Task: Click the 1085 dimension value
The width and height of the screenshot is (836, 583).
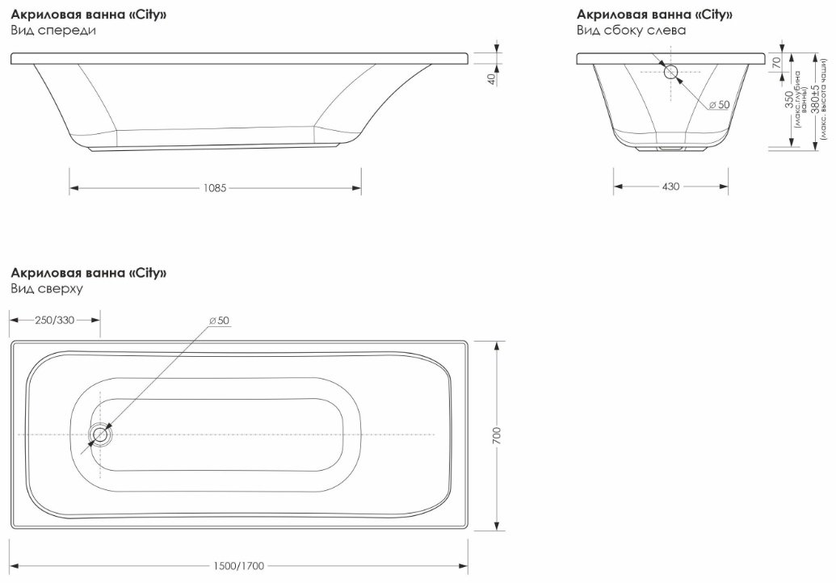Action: (x=215, y=188)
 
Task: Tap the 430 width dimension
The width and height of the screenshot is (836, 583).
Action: (x=670, y=187)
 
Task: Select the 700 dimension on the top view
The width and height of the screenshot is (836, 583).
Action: (x=498, y=436)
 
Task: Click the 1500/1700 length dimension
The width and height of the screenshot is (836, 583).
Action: (x=239, y=566)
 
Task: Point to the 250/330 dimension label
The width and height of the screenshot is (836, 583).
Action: (x=54, y=321)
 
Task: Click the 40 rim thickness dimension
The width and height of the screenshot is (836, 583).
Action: (x=492, y=79)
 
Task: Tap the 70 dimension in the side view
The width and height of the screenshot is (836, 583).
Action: (x=777, y=62)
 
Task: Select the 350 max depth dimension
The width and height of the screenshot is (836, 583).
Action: (x=790, y=99)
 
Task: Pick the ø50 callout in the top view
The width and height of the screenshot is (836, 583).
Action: (x=219, y=321)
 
